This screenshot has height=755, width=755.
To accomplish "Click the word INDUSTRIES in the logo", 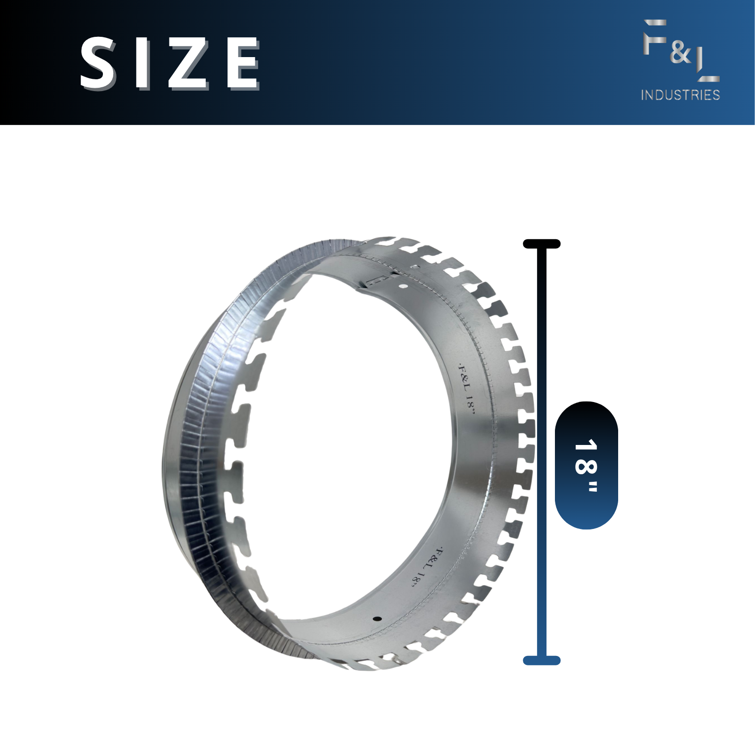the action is [680, 95].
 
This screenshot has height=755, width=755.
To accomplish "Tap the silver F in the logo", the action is [655, 36].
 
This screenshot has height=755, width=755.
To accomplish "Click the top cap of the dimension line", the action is [542, 244].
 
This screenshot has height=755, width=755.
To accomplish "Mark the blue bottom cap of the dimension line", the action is [542, 661].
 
